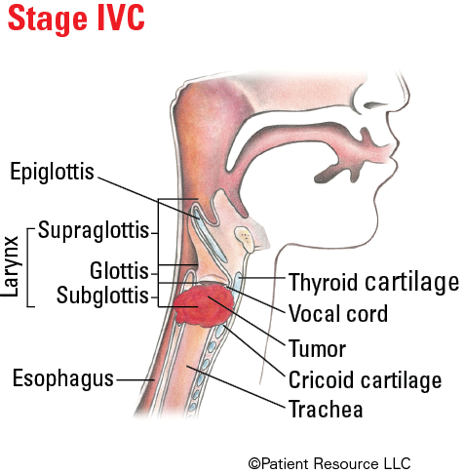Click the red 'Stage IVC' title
point(76,19)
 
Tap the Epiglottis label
point(52,172)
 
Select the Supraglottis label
point(94,231)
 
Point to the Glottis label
point(119,270)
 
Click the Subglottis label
point(102,296)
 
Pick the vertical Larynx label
point(10,266)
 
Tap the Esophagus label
point(63,378)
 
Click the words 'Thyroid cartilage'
point(373,282)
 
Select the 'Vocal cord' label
point(338,313)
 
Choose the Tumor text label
point(317,348)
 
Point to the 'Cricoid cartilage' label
point(366,379)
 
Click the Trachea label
point(326,409)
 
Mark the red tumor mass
point(204,305)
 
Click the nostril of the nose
point(374,105)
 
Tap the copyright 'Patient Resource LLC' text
point(329,463)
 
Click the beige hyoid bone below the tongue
point(245,239)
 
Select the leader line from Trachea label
point(236,386)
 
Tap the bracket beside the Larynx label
point(27,267)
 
